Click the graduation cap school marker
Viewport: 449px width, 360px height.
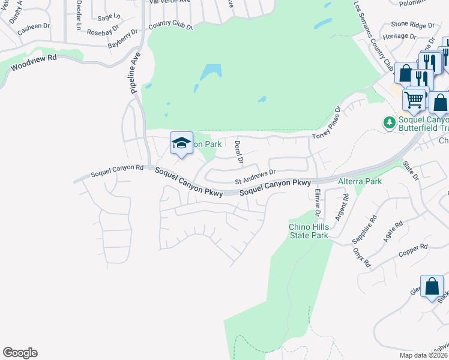point(181,143)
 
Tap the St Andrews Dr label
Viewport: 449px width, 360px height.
point(255,176)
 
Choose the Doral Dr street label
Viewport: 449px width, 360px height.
point(238,152)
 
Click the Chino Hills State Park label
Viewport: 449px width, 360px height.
point(309,231)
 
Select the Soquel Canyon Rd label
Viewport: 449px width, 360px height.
point(117,171)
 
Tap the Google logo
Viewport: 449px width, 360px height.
point(20,353)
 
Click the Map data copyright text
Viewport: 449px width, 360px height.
point(423,355)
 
